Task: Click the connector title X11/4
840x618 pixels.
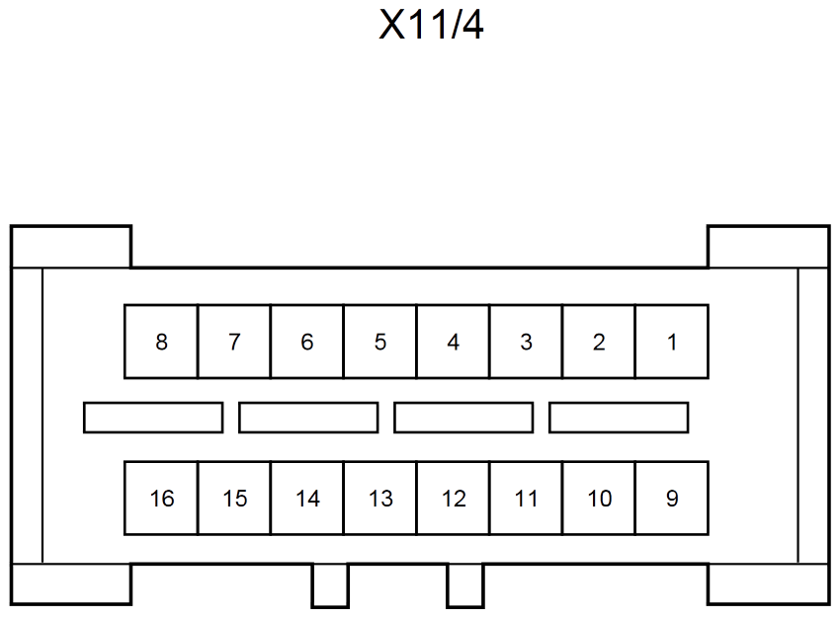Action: [x=431, y=25]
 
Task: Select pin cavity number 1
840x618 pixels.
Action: [x=672, y=342]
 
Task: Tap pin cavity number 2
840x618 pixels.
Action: [x=599, y=342]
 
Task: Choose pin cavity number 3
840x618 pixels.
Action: [x=526, y=342]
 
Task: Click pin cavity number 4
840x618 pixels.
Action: [x=454, y=342]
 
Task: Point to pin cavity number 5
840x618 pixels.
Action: [x=379, y=342]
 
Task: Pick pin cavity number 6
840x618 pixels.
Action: [x=307, y=342]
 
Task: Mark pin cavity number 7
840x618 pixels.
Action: [x=234, y=342]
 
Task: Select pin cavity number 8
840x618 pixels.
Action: [x=161, y=342]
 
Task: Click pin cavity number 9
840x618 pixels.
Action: [x=672, y=499]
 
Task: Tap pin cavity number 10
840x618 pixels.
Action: [x=599, y=499]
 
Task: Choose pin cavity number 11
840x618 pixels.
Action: [x=526, y=499]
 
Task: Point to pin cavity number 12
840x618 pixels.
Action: [x=454, y=499]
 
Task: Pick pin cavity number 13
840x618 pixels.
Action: [x=379, y=499]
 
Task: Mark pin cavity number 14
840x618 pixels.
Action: [x=307, y=499]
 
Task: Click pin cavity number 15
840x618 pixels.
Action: [x=234, y=499]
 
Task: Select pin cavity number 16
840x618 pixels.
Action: [x=161, y=499]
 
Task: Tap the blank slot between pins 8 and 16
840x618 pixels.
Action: [x=153, y=418]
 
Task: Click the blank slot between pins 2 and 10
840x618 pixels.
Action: [x=619, y=418]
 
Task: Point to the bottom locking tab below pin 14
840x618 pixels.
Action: [x=330, y=585]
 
